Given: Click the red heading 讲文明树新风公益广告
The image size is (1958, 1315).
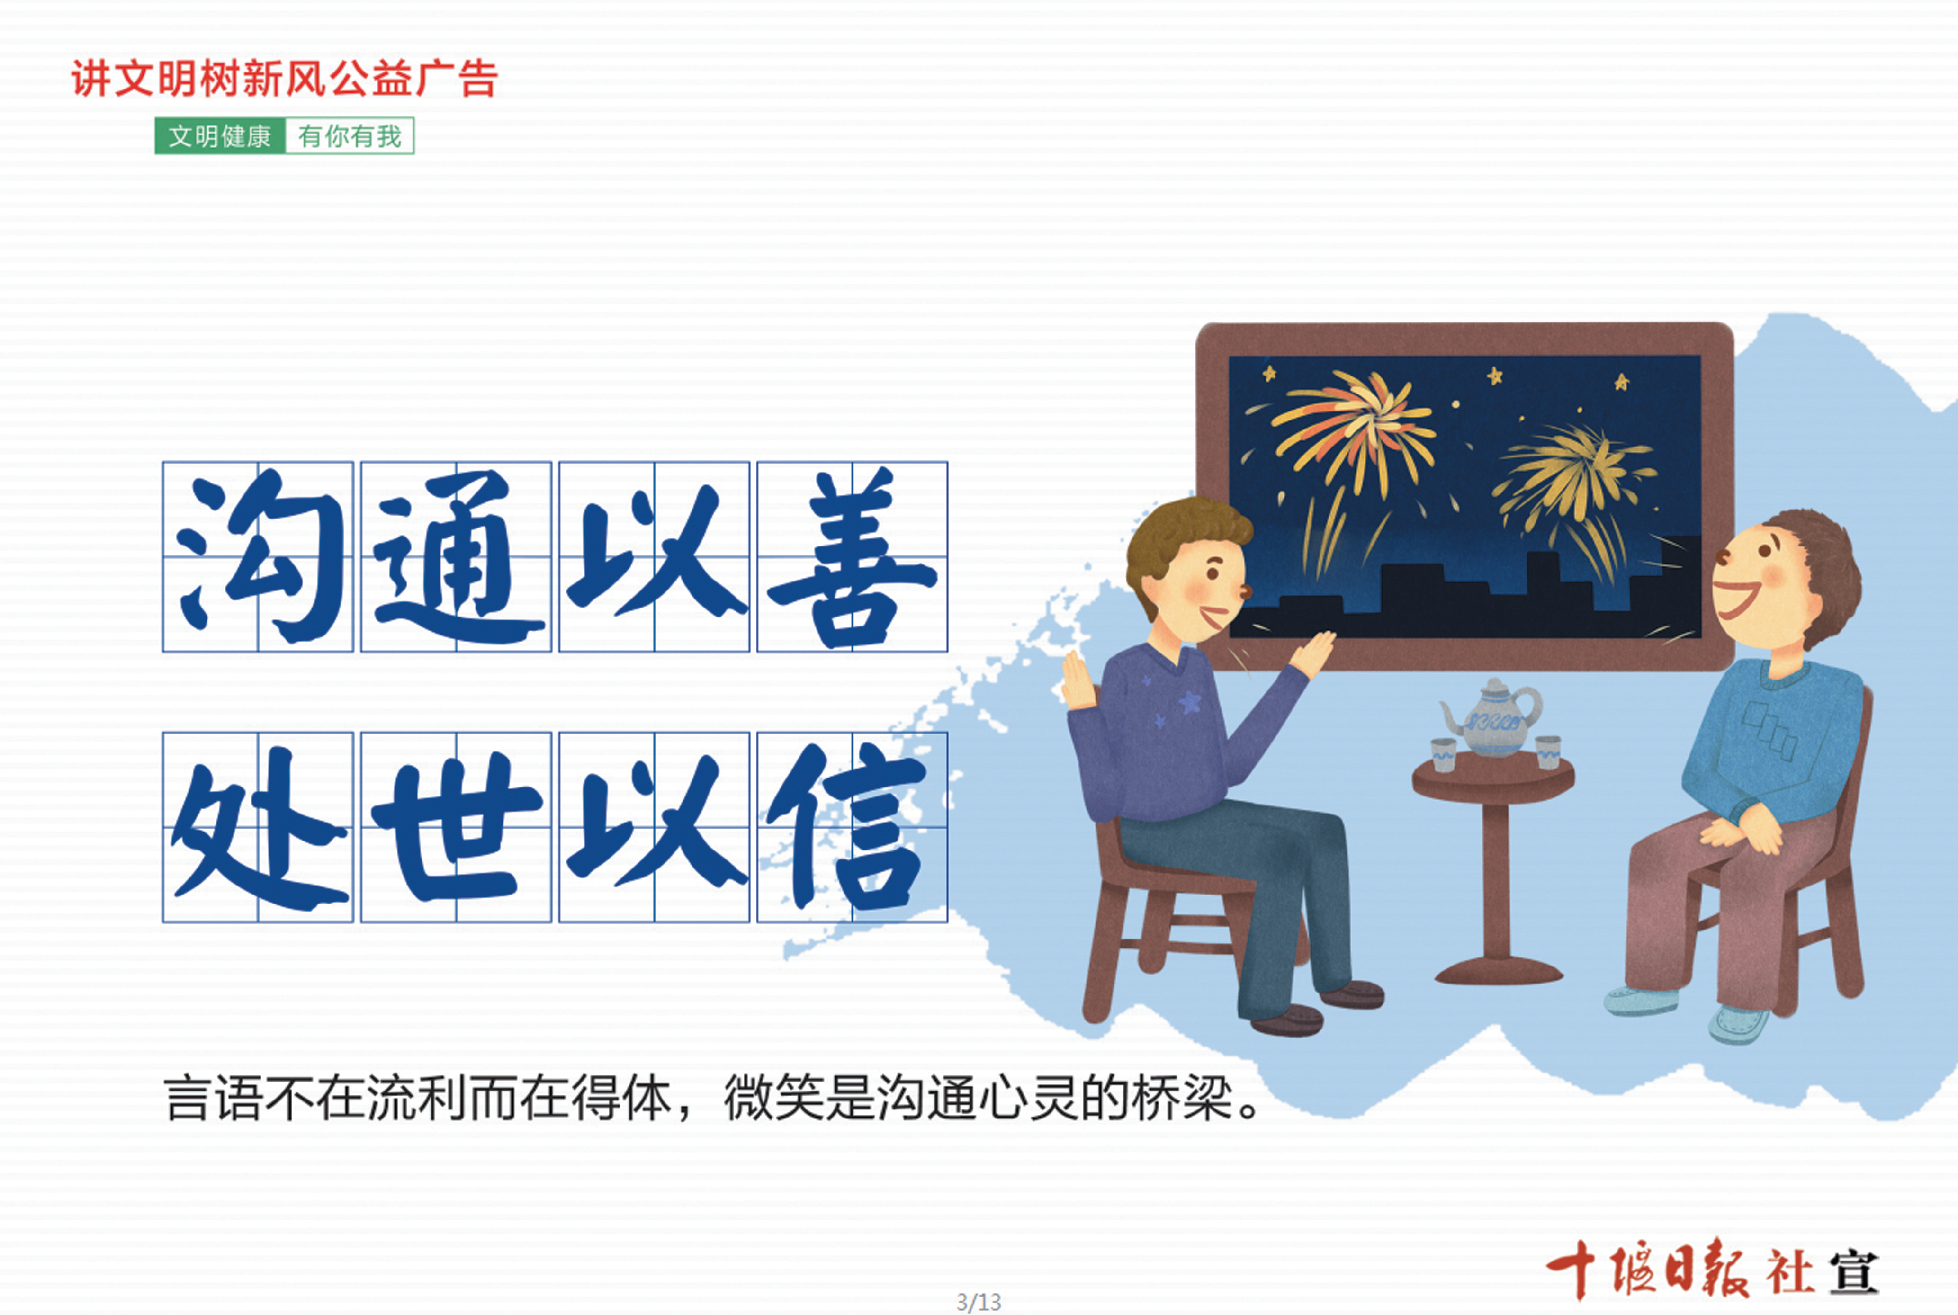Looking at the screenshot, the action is (284, 79).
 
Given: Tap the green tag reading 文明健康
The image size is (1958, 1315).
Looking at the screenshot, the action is (220, 136).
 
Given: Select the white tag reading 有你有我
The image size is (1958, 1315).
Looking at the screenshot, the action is (350, 136).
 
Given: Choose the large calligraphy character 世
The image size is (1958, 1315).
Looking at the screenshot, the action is (456, 825).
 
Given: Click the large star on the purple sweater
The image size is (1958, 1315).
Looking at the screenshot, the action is (1190, 701).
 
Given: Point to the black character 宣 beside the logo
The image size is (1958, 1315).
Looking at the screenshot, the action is (1854, 1273).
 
